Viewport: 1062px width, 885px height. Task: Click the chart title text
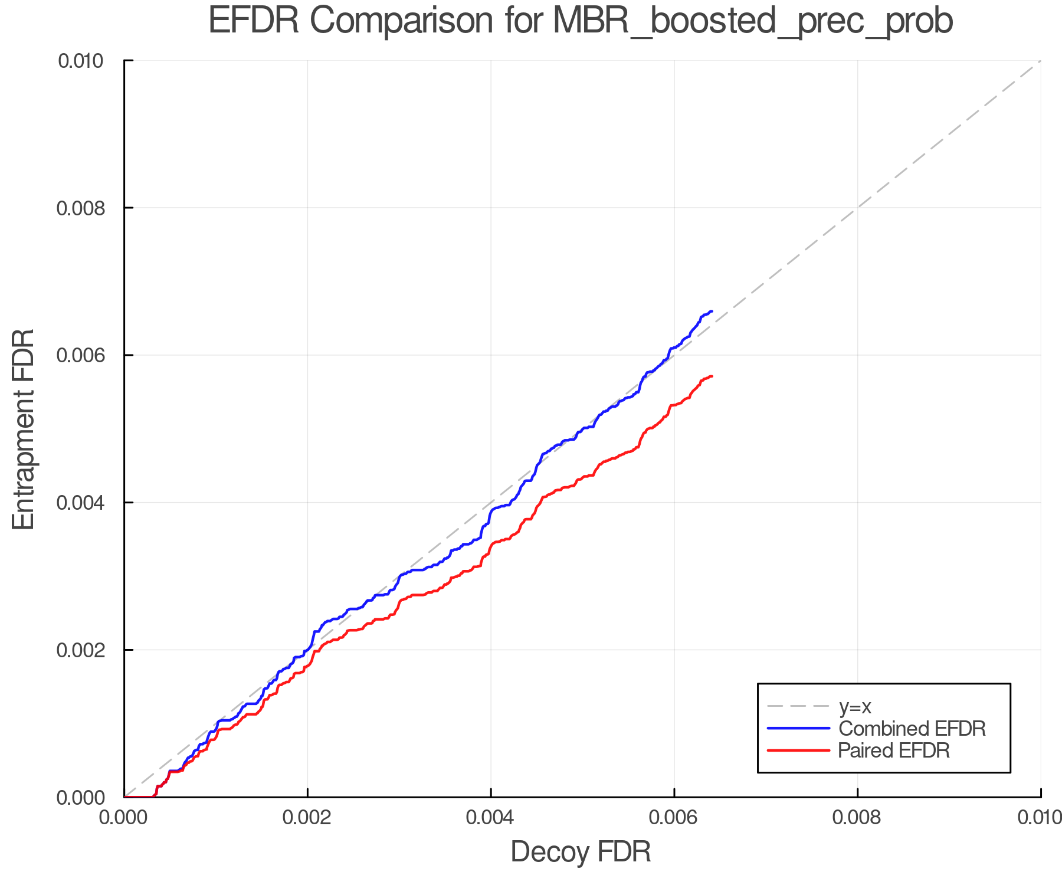pyautogui.click(x=581, y=21)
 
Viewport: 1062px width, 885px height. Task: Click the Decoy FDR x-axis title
pyautogui.click(x=581, y=852)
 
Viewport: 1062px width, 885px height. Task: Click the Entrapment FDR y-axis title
pyautogui.click(x=24, y=429)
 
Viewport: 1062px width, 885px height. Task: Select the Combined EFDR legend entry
pyautogui.click(x=912, y=729)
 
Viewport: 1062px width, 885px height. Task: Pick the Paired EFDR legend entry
pyautogui.click(x=894, y=750)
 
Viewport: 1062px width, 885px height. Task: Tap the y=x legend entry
pyautogui.click(x=855, y=706)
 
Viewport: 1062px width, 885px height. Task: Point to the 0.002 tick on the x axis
pyautogui.click(x=307, y=818)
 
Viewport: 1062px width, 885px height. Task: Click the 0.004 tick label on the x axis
pyautogui.click(x=491, y=818)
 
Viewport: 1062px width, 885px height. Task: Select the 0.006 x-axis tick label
pyautogui.click(x=674, y=818)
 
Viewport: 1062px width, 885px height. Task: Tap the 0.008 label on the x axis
pyautogui.click(x=857, y=818)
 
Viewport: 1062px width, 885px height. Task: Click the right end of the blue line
pyautogui.click(x=712, y=311)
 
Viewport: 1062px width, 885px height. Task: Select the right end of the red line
pyautogui.click(x=712, y=376)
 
